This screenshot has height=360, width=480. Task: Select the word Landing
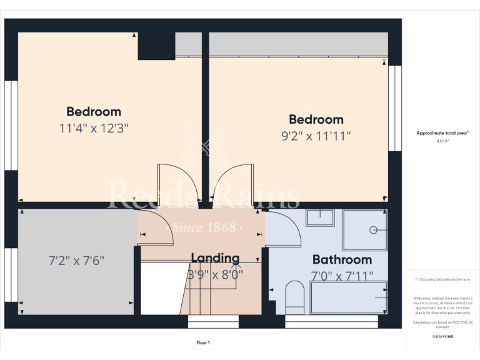pyautogui.click(x=215, y=258)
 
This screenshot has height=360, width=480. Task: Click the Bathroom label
pyautogui.click(x=342, y=259)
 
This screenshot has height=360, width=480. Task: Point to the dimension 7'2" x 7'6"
pyautogui.click(x=76, y=259)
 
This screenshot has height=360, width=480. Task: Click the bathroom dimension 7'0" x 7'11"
pyautogui.click(x=342, y=275)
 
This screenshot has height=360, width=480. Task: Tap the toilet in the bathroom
pyautogui.click(x=294, y=297)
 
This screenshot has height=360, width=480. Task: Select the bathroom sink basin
pyautogui.click(x=320, y=217)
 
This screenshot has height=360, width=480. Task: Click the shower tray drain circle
pyautogui.click(x=374, y=229)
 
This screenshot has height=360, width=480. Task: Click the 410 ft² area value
pyautogui.click(x=442, y=142)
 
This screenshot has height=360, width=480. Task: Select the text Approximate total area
pyautogui.click(x=441, y=132)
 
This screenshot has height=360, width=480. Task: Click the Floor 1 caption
pyautogui.click(x=203, y=343)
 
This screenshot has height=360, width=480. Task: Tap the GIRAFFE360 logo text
pyautogui.click(x=442, y=337)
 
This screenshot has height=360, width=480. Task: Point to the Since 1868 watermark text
pyautogui.click(x=205, y=227)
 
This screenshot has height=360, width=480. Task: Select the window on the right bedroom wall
pyautogui.click(x=394, y=107)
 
